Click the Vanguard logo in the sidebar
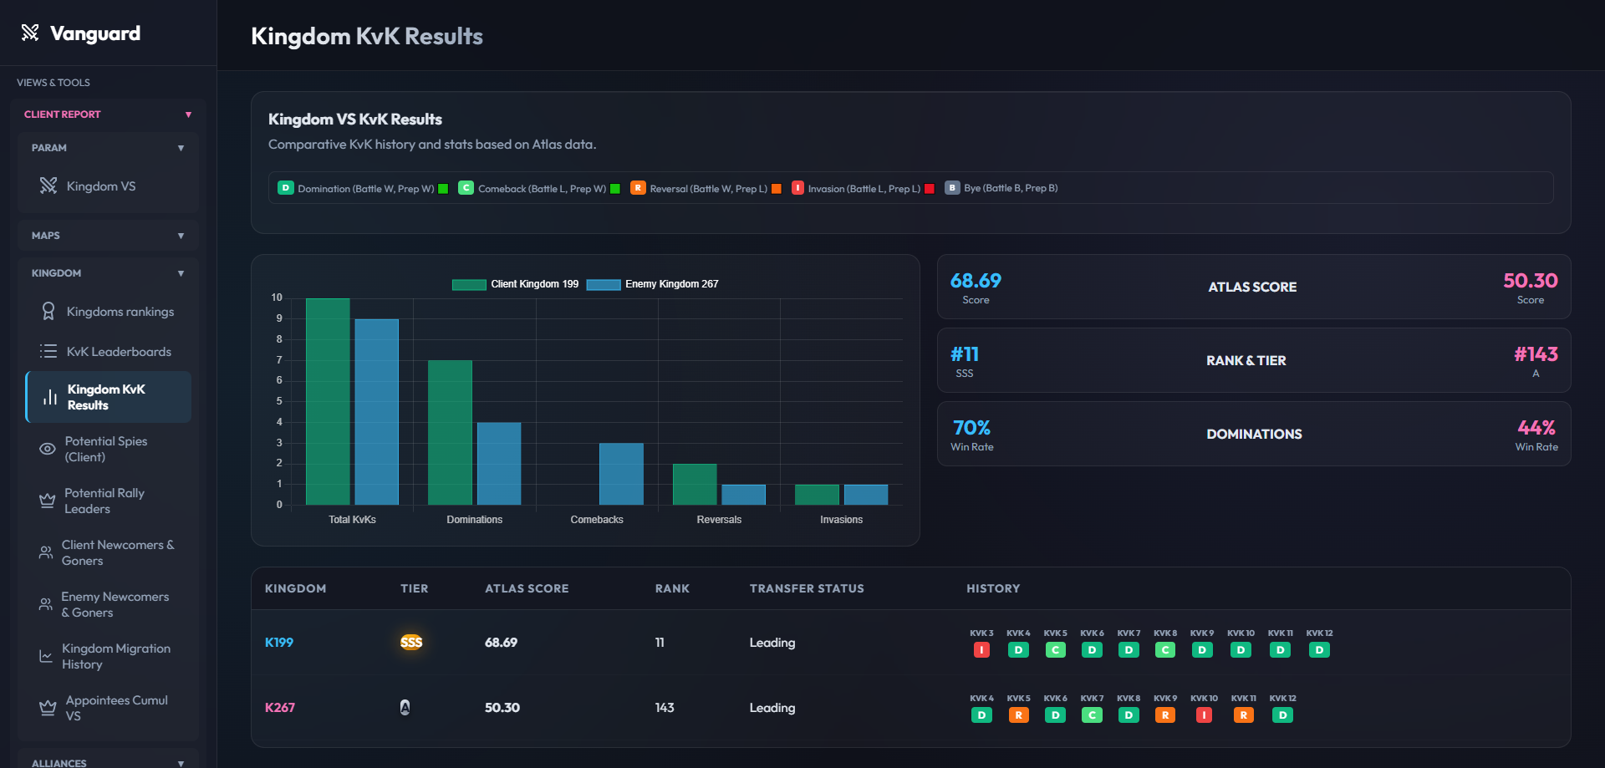pos(80,33)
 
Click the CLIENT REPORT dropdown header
pos(108,114)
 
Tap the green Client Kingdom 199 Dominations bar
pos(450,433)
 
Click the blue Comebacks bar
pos(621,474)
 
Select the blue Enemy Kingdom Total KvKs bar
pos(377,412)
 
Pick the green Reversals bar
pos(695,485)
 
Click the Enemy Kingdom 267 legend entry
pos(653,284)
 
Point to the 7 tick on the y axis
pos(279,360)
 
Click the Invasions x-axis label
pos(841,520)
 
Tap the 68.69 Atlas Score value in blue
pos(976,281)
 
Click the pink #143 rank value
pos(1536,354)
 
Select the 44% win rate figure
pos(1536,428)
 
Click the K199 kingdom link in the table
pos(279,643)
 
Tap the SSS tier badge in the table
pos(411,642)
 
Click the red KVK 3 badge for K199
pos(981,650)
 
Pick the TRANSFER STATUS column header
pos(807,588)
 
